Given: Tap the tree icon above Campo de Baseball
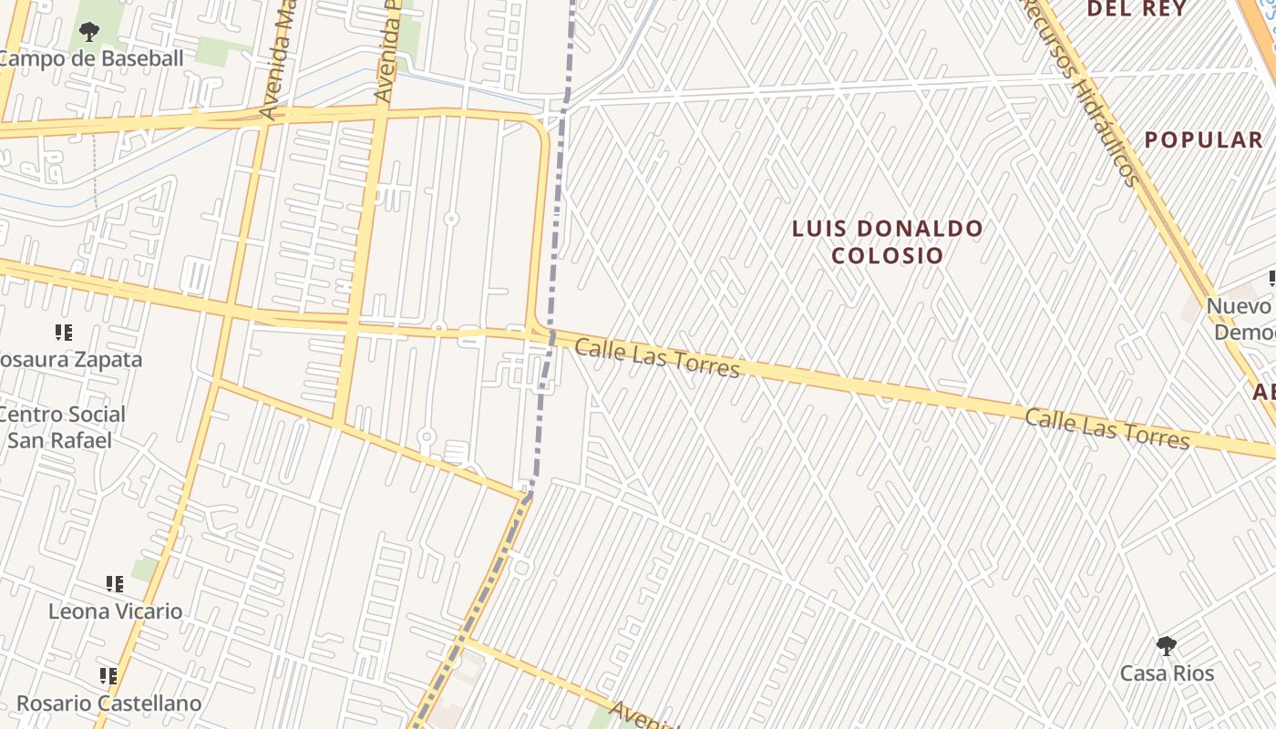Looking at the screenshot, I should tap(88, 33).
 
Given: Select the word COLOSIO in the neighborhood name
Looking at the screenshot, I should tap(887, 255).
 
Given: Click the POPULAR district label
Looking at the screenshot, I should tap(1203, 139).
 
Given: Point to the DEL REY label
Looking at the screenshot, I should tap(1136, 9).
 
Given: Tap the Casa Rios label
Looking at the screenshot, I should tap(1167, 673).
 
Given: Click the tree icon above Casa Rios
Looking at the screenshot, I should tap(1166, 646).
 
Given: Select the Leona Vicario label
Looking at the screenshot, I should tap(115, 611).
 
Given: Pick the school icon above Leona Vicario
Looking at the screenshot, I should tap(114, 583).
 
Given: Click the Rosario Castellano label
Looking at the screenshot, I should tap(108, 703).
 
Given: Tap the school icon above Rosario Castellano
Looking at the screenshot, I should tap(108, 676).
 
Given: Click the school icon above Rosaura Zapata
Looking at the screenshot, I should tap(63, 333).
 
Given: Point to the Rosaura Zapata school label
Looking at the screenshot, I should tap(69, 359).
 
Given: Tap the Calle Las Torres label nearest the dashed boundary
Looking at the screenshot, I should tap(657, 357).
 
